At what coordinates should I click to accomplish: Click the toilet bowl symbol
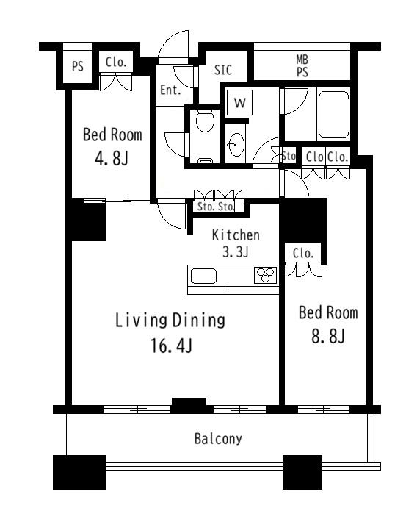205,121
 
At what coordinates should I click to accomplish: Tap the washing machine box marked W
239,102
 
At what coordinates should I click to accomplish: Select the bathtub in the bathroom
333,115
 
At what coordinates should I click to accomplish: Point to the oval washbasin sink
236,145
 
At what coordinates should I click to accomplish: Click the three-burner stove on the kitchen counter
265,275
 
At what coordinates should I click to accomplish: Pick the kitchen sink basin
203,276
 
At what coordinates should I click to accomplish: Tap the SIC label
222,70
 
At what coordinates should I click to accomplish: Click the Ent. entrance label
170,90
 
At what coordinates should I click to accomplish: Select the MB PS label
302,66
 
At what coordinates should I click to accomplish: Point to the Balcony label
218,439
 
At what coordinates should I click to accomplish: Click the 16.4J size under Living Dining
171,346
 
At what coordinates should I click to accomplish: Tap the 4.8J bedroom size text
112,158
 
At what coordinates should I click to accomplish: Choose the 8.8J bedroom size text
328,335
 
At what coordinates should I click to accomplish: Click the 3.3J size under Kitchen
235,251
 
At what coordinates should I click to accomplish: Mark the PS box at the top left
78,66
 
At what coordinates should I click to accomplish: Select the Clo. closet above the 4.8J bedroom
116,62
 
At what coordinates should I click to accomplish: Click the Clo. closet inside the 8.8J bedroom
303,253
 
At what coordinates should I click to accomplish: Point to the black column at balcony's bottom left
79,472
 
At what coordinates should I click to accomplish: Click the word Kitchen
236,235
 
